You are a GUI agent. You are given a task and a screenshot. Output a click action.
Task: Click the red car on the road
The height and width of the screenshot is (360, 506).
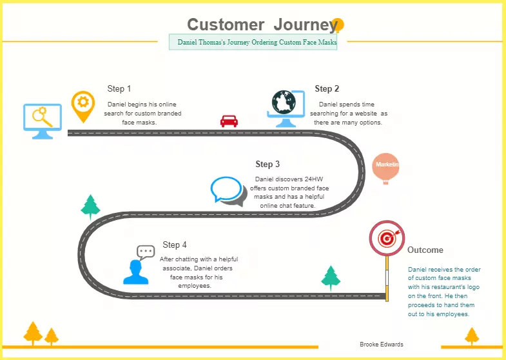[229, 121]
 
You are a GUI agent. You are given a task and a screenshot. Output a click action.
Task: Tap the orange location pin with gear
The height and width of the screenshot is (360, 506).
[83, 105]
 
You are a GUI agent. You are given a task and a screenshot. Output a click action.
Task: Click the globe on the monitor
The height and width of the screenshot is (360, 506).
[284, 103]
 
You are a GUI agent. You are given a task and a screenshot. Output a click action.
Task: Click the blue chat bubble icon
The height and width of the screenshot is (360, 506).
[227, 190]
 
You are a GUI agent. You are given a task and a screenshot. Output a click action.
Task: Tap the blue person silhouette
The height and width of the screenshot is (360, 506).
[135, 272]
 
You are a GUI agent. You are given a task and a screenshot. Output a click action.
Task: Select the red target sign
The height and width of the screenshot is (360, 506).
[387, 238]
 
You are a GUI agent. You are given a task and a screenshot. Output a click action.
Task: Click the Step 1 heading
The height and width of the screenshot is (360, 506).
[119, 89]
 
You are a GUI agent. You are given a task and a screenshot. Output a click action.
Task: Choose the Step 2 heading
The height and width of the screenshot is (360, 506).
[327, 89]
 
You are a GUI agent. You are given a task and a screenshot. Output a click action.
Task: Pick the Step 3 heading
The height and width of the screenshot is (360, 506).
[268, 165]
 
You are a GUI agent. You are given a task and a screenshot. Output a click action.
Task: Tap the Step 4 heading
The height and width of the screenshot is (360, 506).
[175, 245]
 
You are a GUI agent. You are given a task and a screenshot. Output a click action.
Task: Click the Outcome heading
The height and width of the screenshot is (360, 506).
[425, 250]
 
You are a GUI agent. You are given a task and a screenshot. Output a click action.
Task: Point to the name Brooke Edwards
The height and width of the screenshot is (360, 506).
[382, 345]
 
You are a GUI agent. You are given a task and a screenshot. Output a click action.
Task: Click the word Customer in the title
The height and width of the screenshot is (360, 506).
[226, 25]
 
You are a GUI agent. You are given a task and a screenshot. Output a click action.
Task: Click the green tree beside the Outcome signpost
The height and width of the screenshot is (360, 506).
[331, 277]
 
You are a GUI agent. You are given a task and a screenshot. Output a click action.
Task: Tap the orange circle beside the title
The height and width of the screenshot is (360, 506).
[337, 25]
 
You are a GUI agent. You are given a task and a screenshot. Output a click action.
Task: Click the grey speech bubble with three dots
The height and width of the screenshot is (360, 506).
[146, 252]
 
